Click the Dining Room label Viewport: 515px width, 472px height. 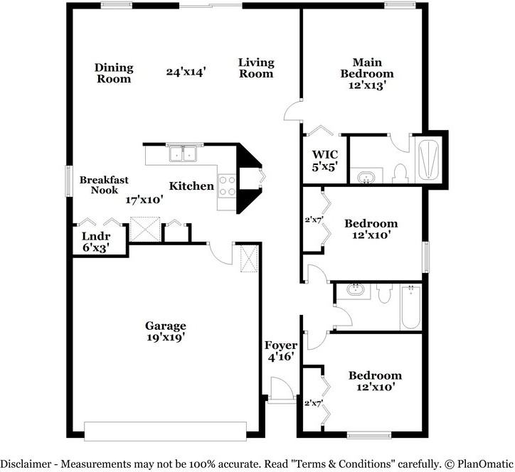click(x=114, y=73)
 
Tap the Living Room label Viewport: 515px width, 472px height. click(x=256, y=68)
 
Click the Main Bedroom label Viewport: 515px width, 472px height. click(x=366, y=73)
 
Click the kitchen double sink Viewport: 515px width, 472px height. click(x=184, y=154)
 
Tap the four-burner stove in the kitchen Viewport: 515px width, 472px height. click(x=227, y=186)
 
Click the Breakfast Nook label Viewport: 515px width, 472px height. click(x=104, y=186)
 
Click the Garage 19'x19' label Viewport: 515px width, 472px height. click(x=166, y=332)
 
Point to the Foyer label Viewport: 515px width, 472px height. click(x=280, y=351)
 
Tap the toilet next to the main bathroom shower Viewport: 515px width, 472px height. click(x=400, y=172)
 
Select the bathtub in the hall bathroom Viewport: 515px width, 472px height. click(x=411, y=307)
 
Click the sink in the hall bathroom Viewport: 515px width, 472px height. click(x=353, y=289)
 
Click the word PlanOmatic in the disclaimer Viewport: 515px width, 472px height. click(x=481, y=463)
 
